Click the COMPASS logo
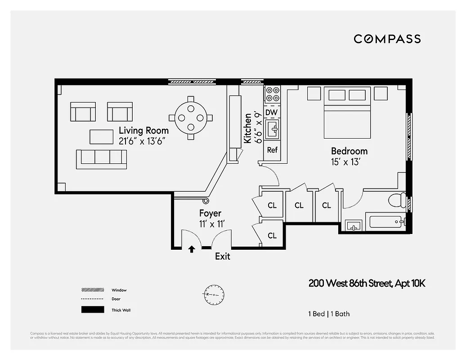tap(387, 39)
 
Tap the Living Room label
tap(143, 130)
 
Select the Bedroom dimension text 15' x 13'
tap(345, 162)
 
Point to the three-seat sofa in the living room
tap(101, 159)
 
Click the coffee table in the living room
tap(101, 136)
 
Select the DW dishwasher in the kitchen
tap(272, 112)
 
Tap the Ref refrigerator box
tap(272, 150)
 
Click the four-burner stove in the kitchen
tap(272, 94)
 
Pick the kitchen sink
tap(272, 130)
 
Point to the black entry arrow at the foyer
tap(192, 249)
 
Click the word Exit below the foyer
tap(222, 256)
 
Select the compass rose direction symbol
tap(213, 294)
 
